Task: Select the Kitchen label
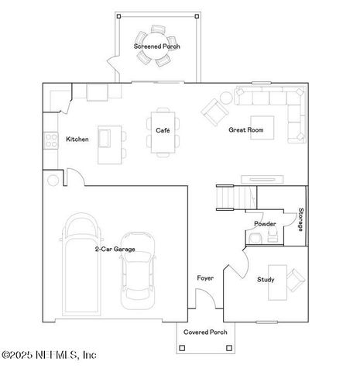[77, 139]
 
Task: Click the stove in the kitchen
[51, 140]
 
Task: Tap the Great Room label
[245, 130]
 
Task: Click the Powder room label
[265, 224]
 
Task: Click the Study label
[266, 280]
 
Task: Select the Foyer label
[204, 277]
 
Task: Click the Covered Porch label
[205, 332]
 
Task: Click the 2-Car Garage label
[115, 250]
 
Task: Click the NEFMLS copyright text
[49, 356]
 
